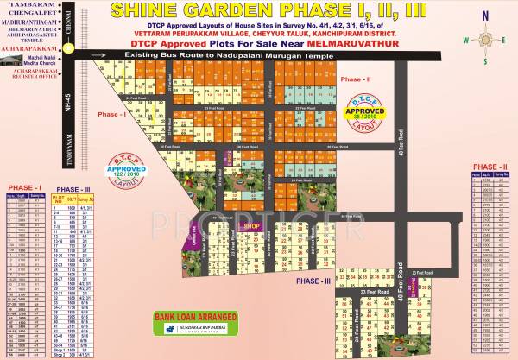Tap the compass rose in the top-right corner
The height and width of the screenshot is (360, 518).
[478, 40]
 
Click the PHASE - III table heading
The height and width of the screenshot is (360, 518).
[72, 189]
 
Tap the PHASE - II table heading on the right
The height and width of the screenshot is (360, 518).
[490, 166]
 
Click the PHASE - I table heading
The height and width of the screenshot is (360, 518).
[23, 186]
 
